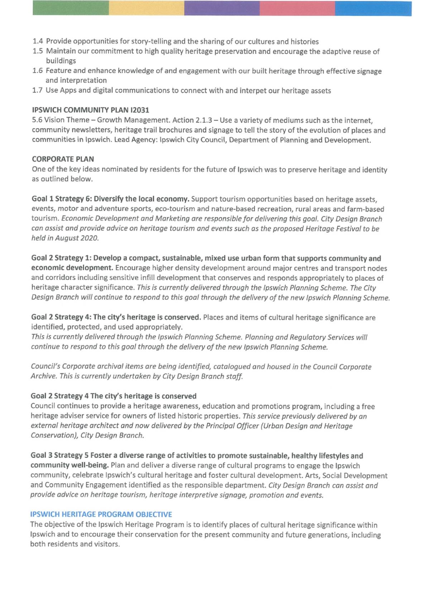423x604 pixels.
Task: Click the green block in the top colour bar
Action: pos(71,8)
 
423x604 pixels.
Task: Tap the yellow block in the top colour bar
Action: pos(146,8)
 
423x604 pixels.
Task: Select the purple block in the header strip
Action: pos(222,8)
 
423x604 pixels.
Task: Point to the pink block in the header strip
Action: pos(297,8)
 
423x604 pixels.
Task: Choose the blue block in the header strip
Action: pos(373,8)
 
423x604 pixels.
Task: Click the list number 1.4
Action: pos(38,42)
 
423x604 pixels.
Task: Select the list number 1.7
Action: pos(37,91)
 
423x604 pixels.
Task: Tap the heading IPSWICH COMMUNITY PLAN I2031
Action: pos(90,110)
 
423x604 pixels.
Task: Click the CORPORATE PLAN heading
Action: pos(63,159)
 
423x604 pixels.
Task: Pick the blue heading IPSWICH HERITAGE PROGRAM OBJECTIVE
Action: pos(101,515)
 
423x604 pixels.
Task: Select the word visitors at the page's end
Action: pos(107,544)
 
